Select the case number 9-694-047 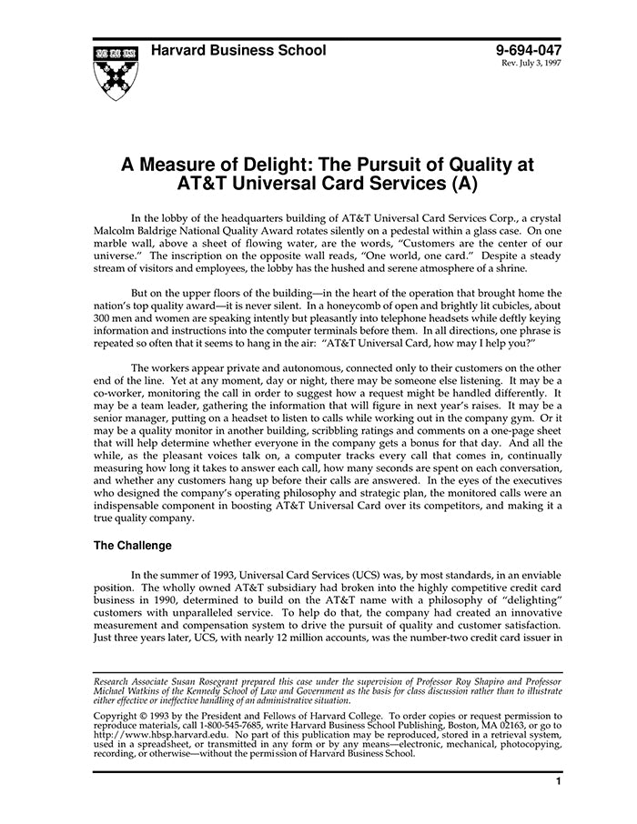(x=529, y=52)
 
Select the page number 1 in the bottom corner (x=558, y=780)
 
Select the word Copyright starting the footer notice (x=120, y=716)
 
